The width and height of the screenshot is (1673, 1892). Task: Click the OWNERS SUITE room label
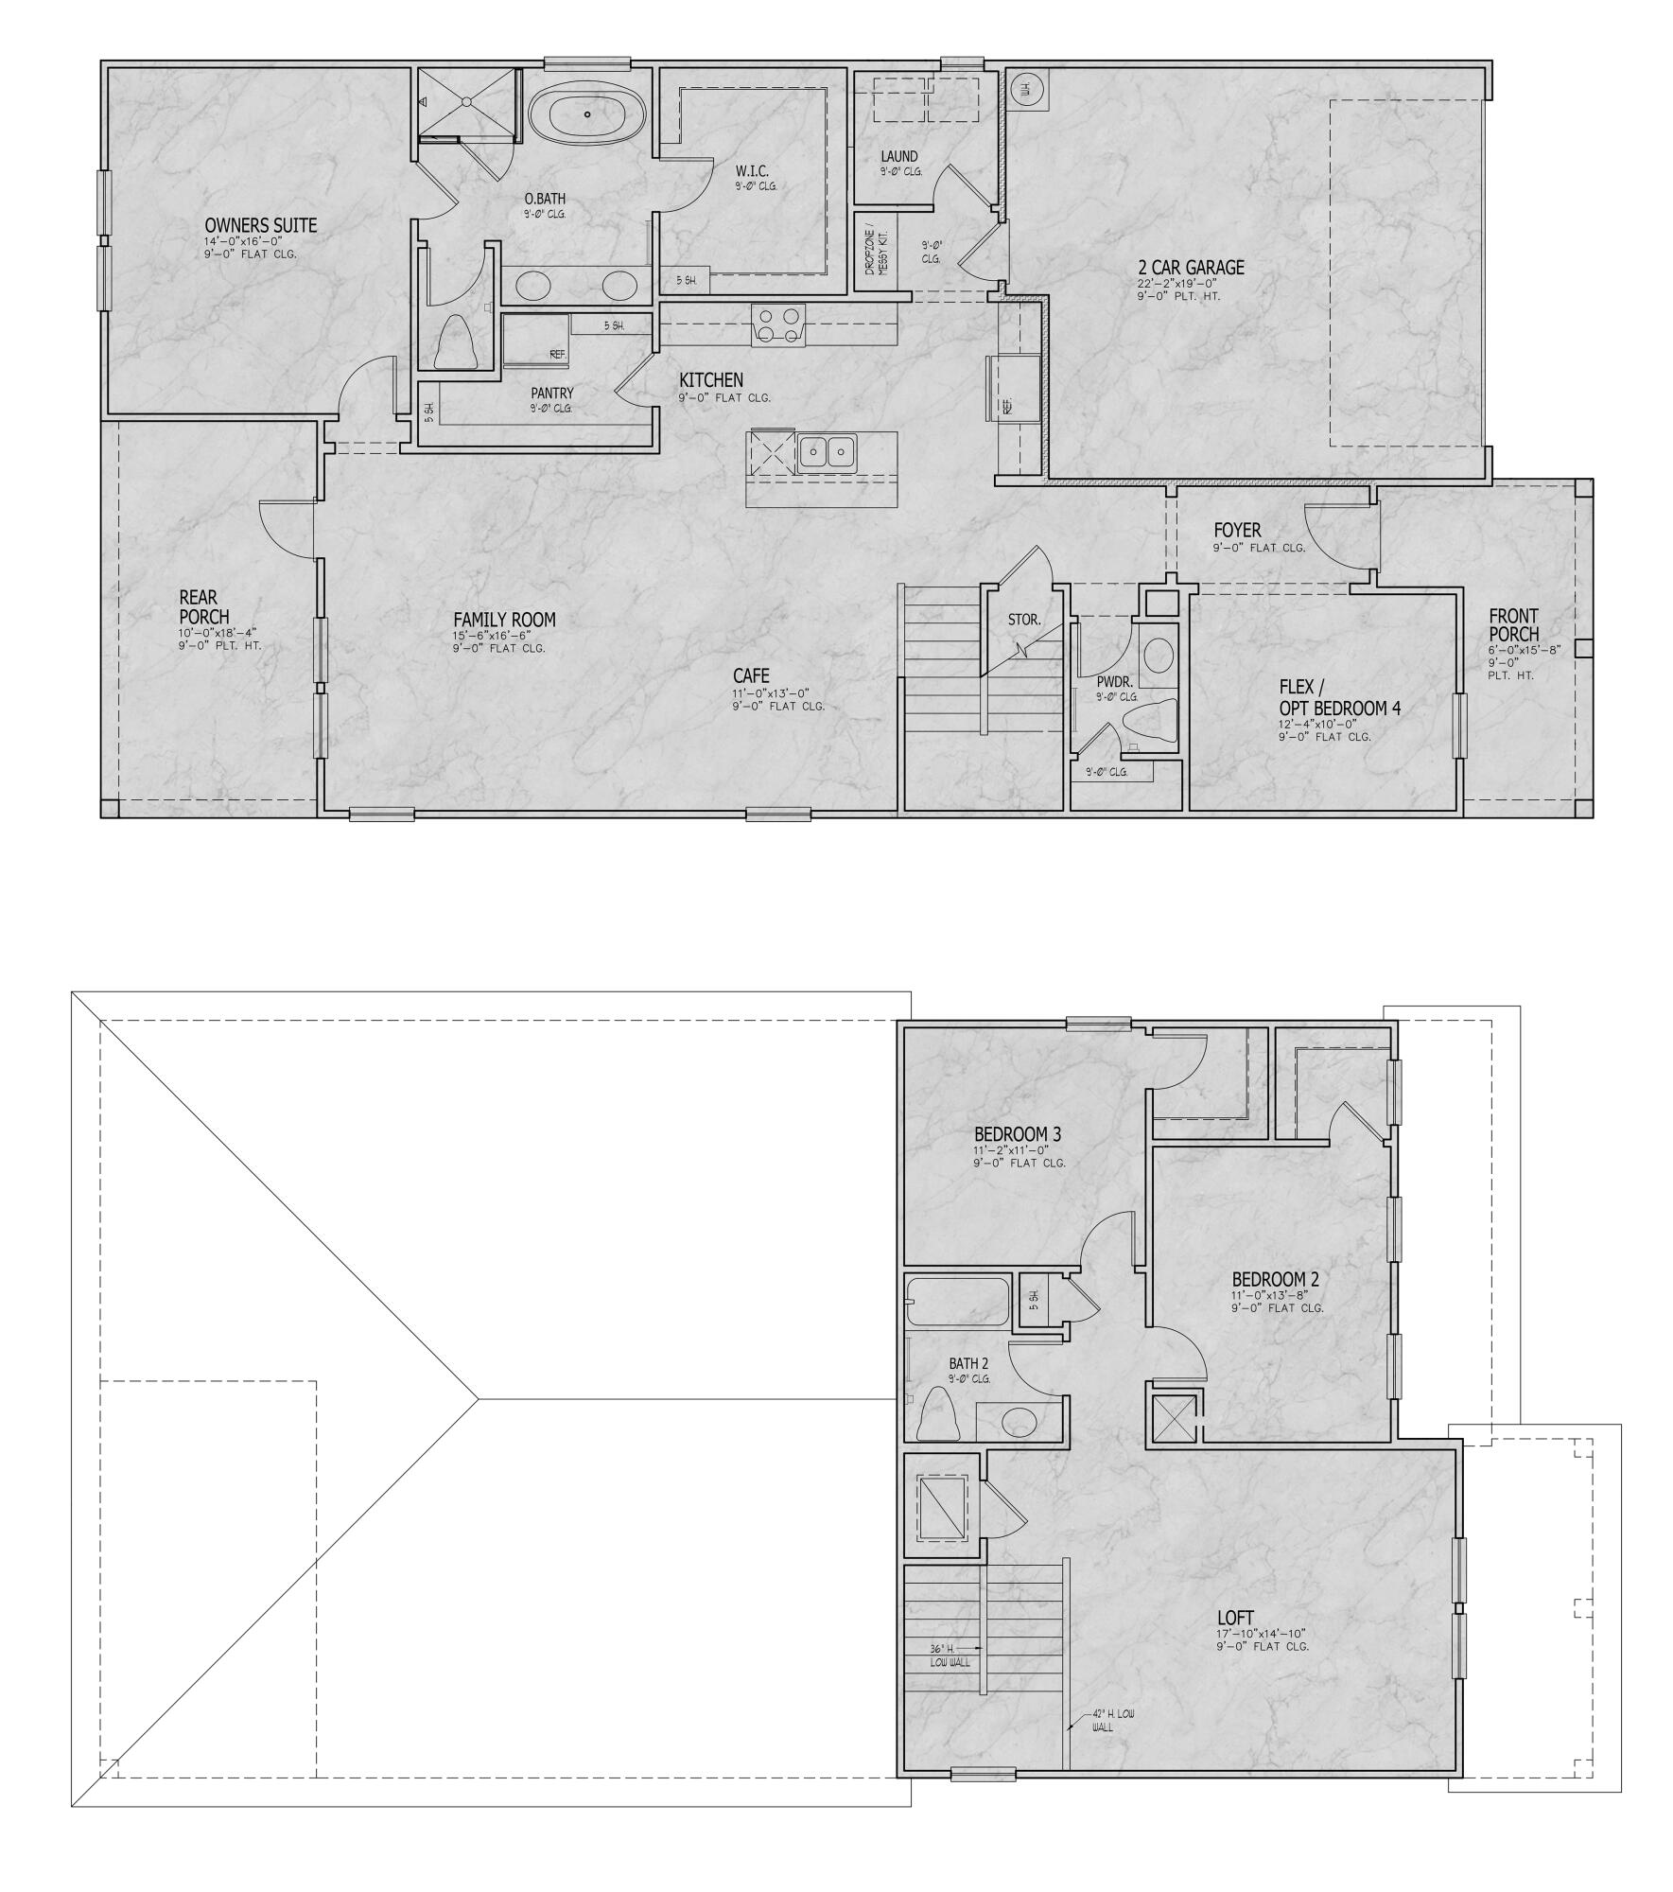(x=261, y=225)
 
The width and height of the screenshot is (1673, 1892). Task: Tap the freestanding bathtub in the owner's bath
(x=587, y=114)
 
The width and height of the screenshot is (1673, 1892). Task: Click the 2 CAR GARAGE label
(x=1191, y=268)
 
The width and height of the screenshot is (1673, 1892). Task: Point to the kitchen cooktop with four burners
(x=778, y=324)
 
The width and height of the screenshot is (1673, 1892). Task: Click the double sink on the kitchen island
(x=826, y=452)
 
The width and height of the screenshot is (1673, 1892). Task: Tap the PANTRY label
(x=552, y=394)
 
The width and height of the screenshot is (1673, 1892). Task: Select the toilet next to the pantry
(x=456, y=342)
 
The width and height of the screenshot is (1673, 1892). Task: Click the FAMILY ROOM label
(x=504, y=620)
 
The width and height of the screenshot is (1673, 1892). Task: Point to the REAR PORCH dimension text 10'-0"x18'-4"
(x=218, y=633)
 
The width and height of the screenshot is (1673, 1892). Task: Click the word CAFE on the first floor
(x=751, y=675)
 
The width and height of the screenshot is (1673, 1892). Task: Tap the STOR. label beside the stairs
(x=1024, y=621)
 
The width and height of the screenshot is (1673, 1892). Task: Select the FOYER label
(x=1237, y=531)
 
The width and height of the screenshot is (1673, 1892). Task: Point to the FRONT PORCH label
(x=1514, y=624)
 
